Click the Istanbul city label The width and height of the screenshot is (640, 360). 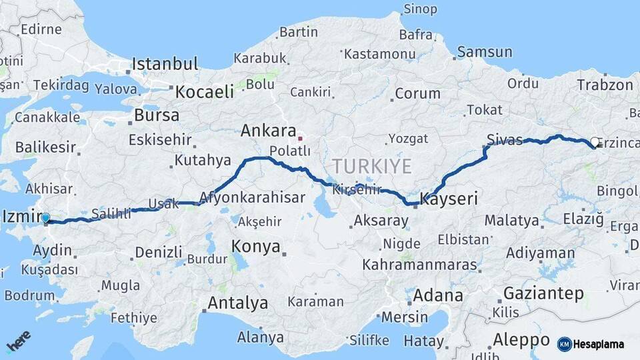(165, 64)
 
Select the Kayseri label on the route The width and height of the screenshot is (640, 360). (450, 199)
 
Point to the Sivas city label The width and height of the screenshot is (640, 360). (505, 139)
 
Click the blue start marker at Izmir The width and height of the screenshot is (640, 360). (45, 217)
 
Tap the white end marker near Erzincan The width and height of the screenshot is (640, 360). (595, 141)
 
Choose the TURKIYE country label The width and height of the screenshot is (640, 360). (371, 166)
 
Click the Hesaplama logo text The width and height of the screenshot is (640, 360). (598, 344)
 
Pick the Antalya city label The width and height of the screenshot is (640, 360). (237, 303)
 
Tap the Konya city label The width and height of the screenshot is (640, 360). (255, 246)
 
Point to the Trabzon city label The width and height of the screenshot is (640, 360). (605, 85)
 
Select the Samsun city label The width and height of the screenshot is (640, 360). (485, 52)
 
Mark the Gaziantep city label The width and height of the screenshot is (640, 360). (543, 293)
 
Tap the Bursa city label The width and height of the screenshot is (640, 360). (157, 115)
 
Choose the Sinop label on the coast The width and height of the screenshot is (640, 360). (420, 9)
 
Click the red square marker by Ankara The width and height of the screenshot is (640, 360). (300, 139)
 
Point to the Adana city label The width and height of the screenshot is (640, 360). (437, 295)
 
